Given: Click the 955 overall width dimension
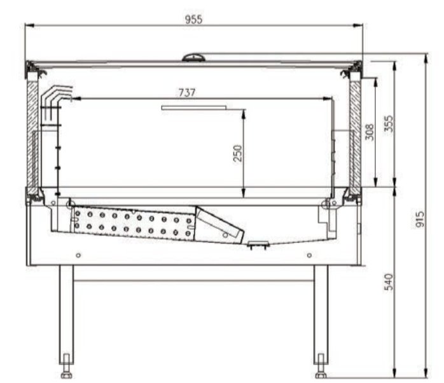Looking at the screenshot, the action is tap(194, 20).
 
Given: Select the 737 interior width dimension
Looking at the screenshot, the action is tap(187, 93).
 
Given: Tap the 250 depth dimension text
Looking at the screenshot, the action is tap(238, 153).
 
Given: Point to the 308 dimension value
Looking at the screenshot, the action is tap(369, 132).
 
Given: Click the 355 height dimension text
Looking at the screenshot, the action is tap(389, 123).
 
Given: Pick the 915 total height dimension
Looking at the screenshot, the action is tap(420, 219).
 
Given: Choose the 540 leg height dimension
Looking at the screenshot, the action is tap(389, 282).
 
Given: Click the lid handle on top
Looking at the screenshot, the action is tap(193, 57).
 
